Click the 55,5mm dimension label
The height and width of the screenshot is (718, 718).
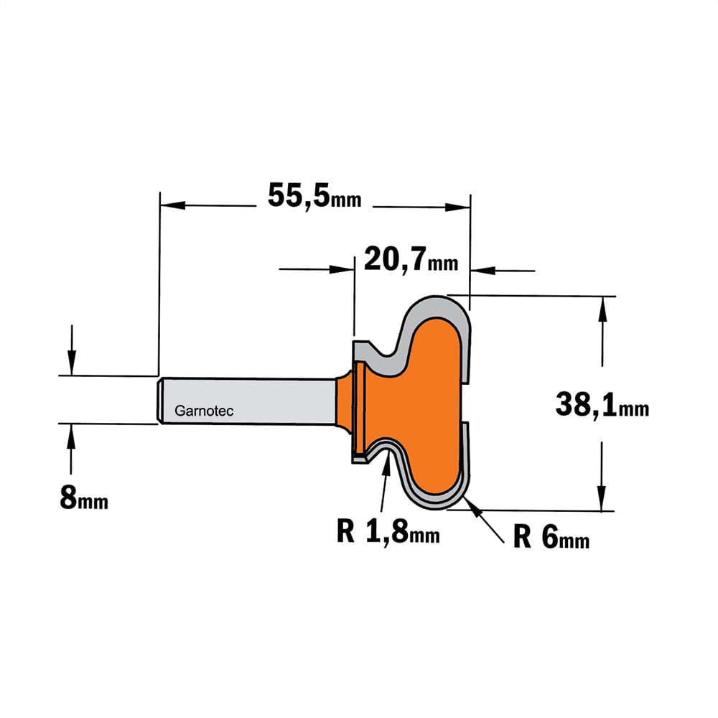(314, 195)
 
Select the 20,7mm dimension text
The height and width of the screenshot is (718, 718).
(411, 259)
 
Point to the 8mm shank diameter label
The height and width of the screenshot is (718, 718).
(84, 498)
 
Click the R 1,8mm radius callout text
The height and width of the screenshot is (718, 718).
(388, 531)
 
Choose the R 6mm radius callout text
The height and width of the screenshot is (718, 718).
(551, 536)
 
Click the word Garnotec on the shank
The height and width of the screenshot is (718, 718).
(204, 411)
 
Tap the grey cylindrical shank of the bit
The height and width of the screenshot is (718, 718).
(246, 401)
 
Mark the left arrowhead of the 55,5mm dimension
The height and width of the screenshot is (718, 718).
(172, 205)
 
